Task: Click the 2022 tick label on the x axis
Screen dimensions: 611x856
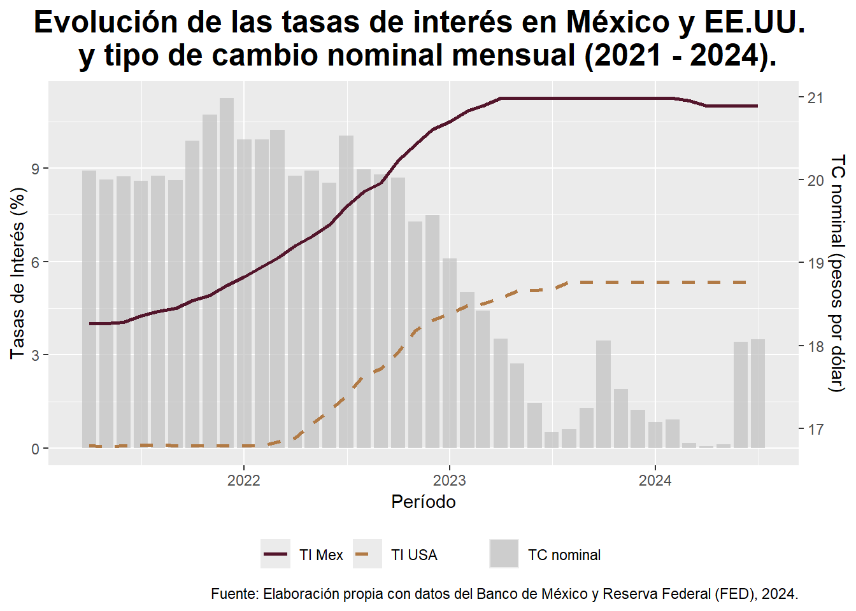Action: tap(244, 481)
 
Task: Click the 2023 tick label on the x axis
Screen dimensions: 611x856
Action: tap(450, 481)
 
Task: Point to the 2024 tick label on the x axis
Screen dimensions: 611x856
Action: tap(655, 481)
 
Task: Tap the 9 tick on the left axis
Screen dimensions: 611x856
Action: tap(36, 169)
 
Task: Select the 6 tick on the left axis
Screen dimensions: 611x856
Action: tap(36, 262)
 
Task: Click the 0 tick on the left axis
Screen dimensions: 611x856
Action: tap(36, 449)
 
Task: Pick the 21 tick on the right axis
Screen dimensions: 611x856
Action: tap(815, 98)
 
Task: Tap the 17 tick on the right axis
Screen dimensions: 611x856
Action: tap(815, 430)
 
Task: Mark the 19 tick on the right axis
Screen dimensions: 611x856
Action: tap(815, 263)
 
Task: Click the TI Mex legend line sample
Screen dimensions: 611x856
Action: tap(276, 554)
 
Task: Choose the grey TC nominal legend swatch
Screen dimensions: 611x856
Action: tap(504, 554)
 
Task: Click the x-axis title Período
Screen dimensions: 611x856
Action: tap(424, 502)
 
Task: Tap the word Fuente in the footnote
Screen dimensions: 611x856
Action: tap(234, 594)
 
